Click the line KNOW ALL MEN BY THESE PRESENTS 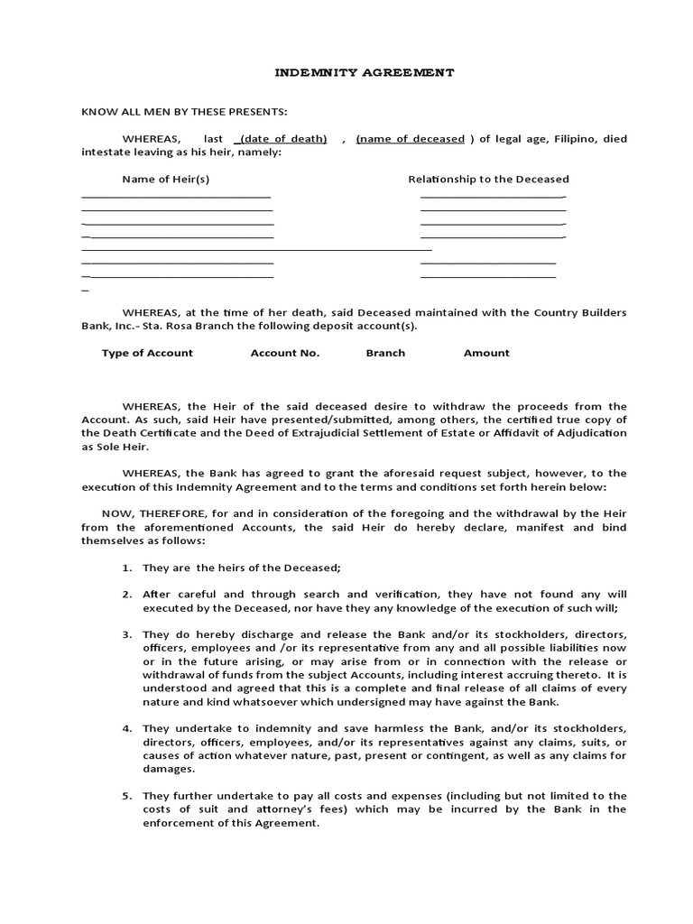[184, 112]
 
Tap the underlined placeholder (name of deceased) [411, 139]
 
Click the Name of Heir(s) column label [166, 180]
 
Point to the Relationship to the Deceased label [488, 180]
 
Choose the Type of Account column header [147, 353]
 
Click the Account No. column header [284, 353]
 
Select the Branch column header [385, 353]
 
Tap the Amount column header [486, 353]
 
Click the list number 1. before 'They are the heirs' [126, 568]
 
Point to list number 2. [126, 595]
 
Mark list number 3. [126, 635]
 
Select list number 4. [126, 728]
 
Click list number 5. [126, 796]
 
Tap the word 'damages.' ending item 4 [168, 769]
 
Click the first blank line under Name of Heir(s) [176, 196]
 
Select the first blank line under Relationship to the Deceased [493, 196]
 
